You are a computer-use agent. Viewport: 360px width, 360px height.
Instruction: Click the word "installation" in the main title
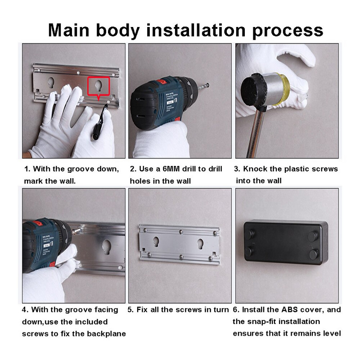[x=196, y=30]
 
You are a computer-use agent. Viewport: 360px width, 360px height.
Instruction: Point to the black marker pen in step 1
[x=100, y=122]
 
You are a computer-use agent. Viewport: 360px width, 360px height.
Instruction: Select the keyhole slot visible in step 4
[x=107, y=247]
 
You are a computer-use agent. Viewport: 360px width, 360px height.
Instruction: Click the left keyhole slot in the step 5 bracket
[x=156, y=242]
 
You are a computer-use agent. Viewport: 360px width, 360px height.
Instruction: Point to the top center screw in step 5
[x=181, y=232]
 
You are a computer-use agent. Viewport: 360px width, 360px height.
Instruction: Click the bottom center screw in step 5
[x=181, y=256]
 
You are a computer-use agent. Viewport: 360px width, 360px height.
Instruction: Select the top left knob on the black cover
[x=250, y=234]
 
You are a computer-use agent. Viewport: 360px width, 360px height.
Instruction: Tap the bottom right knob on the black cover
[x=314, y=254]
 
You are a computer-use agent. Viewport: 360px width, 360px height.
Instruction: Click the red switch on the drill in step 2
[x=162, y=81]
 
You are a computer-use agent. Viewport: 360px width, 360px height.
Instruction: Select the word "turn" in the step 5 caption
[x=221, y=310]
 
